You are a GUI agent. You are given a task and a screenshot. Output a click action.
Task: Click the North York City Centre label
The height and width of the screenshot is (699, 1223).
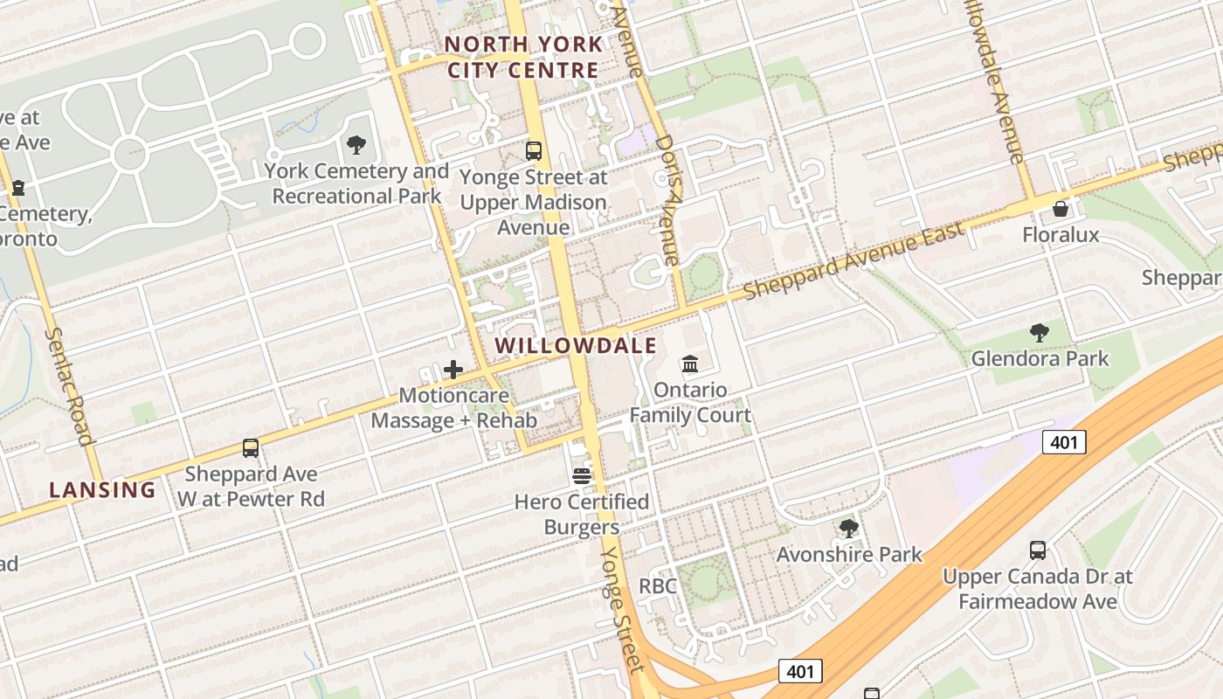522,57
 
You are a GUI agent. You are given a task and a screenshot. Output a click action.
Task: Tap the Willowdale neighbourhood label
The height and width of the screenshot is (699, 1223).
576,346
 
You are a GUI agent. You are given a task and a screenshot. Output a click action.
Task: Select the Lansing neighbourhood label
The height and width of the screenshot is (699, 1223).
102,490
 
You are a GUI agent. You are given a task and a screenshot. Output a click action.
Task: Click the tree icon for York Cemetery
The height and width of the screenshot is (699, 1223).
356,145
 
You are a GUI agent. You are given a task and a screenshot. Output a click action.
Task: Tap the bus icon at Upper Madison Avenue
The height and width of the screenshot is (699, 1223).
534,150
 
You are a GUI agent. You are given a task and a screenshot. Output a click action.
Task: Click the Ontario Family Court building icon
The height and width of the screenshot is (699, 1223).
690,363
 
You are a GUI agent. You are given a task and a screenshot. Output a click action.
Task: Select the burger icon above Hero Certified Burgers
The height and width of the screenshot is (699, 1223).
582,476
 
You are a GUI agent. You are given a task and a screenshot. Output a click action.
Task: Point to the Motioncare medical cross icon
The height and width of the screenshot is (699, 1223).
453,370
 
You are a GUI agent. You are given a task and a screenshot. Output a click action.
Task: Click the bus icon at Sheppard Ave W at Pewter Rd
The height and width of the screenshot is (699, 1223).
251,448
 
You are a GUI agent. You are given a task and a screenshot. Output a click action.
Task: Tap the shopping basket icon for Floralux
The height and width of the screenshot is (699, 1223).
1060,209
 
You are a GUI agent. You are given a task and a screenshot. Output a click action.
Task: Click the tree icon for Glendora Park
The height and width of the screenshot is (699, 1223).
1039,332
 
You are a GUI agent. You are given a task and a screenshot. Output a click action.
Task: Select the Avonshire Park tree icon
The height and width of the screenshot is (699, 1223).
848,529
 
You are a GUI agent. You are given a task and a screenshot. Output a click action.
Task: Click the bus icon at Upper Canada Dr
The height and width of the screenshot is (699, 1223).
1037,550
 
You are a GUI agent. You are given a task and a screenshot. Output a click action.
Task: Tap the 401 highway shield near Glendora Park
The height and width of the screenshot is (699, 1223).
1064,442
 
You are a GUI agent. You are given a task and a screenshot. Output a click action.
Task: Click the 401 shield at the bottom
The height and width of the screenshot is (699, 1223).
799,671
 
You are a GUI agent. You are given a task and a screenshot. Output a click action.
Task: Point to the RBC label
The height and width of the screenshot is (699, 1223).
658,586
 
